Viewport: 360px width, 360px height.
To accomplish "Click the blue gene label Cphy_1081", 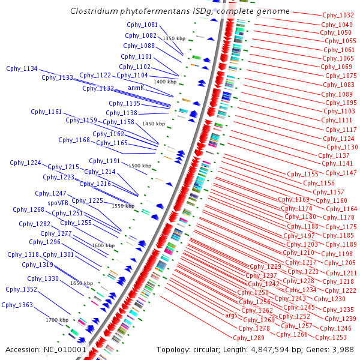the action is click(x=142, y=25).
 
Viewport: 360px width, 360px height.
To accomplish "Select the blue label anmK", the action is click(x=136, y=88).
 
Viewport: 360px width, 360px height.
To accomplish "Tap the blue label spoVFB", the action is click(x=58, y=203).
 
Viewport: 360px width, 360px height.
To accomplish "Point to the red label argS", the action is click(x=231, y=316).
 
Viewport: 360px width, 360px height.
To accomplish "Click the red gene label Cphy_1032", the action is click(x=338, y=15).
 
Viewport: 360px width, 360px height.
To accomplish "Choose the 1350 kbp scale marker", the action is click(x=174, y=38).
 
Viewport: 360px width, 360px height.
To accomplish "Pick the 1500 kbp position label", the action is click(x=140, y=166).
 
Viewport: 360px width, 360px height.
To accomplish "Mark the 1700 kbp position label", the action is click(x=57, y=320).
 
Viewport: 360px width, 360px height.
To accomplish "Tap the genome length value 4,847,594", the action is click(x=270, y=350).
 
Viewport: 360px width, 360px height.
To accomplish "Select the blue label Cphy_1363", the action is click(x=17, y=305).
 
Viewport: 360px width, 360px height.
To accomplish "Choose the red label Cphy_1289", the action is click(x=248, y=338).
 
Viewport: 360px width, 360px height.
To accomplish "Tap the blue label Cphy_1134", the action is click(x=22, y=68).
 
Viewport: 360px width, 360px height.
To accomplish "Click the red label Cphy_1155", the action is click(x=302, y=174).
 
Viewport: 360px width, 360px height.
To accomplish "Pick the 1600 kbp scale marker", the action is click(x=103, y=245).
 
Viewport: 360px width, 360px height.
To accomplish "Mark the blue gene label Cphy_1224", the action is click(x=25, y=163).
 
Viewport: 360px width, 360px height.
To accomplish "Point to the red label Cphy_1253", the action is click(x=331, y=337).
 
